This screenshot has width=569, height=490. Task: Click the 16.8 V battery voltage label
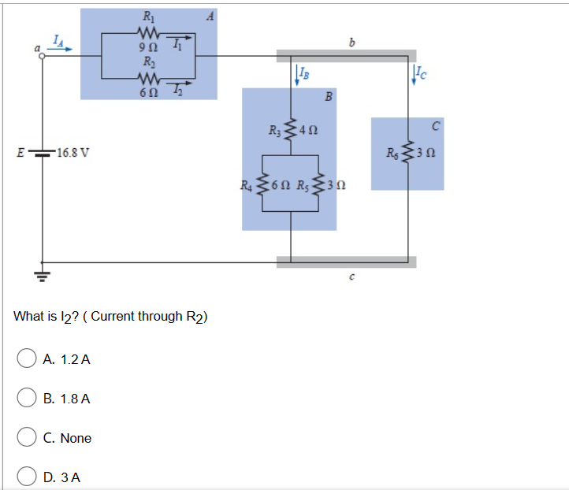click(x=73, y=152)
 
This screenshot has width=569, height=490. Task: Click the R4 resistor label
click(x=247, y=187)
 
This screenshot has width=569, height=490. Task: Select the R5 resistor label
click(x=303, y=187)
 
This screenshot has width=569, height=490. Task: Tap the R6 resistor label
click(x=392, y=152)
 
